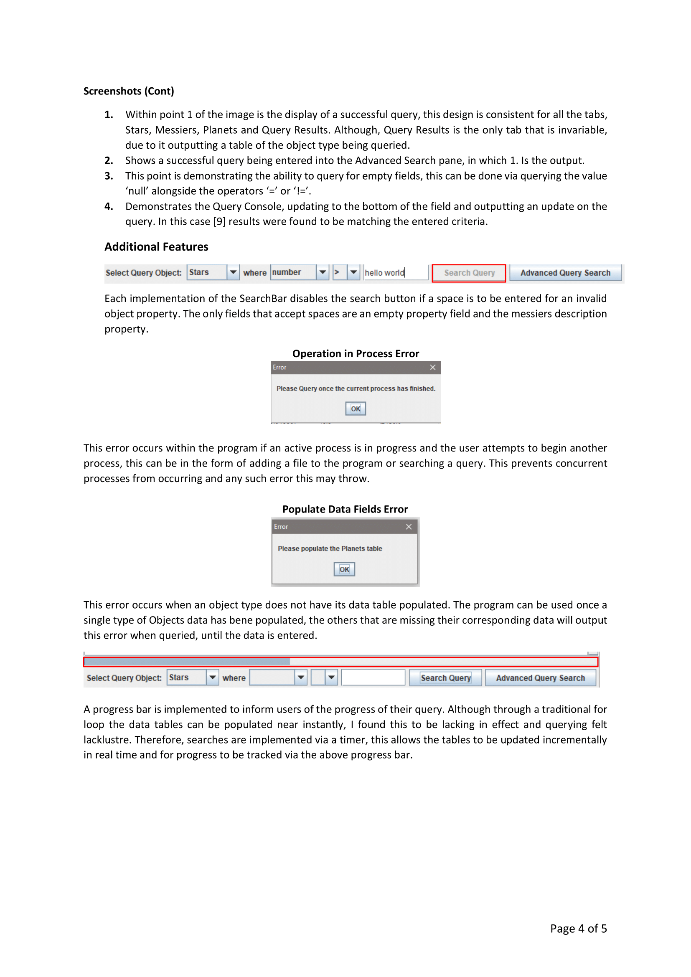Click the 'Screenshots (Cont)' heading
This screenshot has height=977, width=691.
pyautogui.click(x=129, y=91)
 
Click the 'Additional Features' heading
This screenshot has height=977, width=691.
pyautogui.click(x=156, y=247)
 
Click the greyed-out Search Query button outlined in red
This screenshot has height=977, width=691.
pyautogui.click(x=469, y=273)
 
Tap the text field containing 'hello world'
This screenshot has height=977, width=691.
pyautogui.click(x=395, y=273)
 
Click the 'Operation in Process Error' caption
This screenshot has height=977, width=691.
pyautogui.click(x=355, y=354)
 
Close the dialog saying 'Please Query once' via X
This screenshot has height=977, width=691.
pyautogui.click(x=432, y=367)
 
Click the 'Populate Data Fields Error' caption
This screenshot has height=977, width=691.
pyautogui.click(x=345, y=509)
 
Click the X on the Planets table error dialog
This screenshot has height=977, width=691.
pyautogui.click(x=409, y=527)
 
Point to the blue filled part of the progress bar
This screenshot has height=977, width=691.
pyautogui.click(x=187, y=662)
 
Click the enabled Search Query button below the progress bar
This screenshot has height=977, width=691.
pyautogui.click(x=445, y=678)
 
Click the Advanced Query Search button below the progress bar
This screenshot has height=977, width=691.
pyautogui.click(x=540, y=678)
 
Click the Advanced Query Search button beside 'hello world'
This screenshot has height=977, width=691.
pyautogui.click(x=565, y=273)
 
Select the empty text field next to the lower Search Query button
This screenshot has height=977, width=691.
pyautogui.click(x=373, y=678)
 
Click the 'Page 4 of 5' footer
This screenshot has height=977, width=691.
pyautogui.click(x=578, y=929)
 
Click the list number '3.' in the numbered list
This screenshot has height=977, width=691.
pyautogui.click(x=109, y=176)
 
